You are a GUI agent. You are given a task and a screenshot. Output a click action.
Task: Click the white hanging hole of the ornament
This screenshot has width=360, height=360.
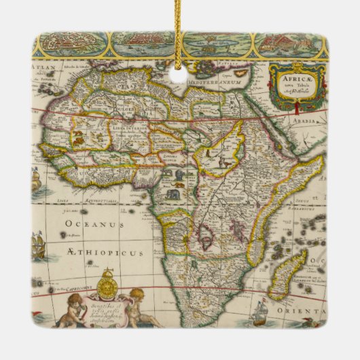179,75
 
